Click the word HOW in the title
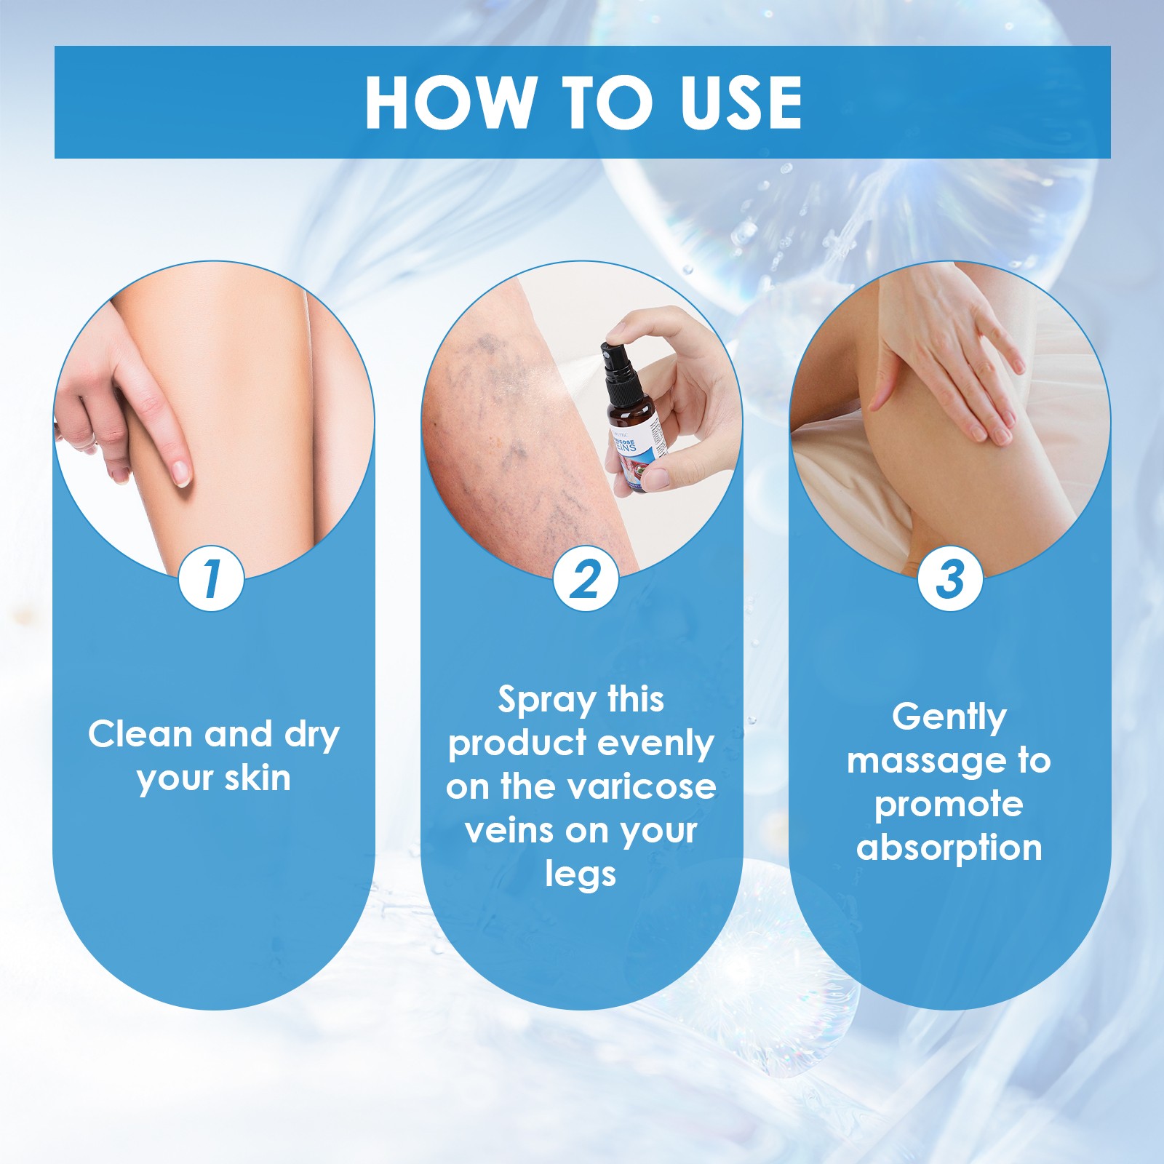448,103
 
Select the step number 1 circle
211,579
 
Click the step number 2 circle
585,579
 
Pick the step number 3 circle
949,579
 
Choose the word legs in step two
581,874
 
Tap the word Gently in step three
949,718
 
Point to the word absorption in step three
949,849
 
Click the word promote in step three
949,805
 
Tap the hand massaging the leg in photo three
946,364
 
